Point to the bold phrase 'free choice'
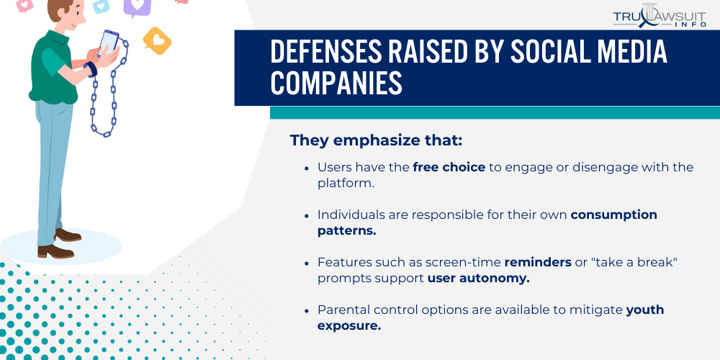tap(449, 167)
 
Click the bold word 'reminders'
tap(537, 262)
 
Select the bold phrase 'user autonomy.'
tap(479, 278)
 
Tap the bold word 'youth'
tap(645, 310)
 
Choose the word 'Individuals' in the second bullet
tap(351, 215)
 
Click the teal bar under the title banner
tap(495, 112)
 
